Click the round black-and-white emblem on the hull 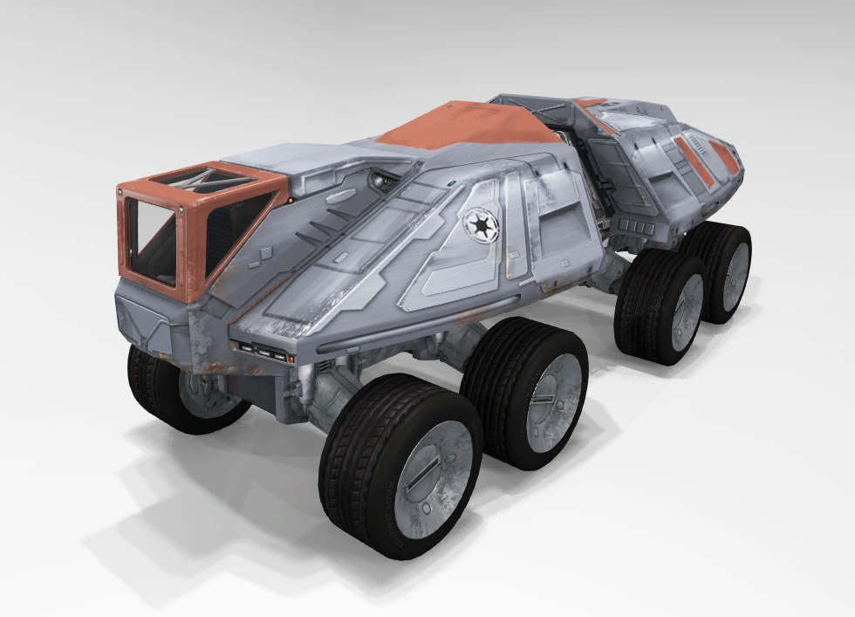[x=479, y=225]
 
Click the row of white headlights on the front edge [x=262, y=351]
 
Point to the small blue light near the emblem [x=455, y=184]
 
